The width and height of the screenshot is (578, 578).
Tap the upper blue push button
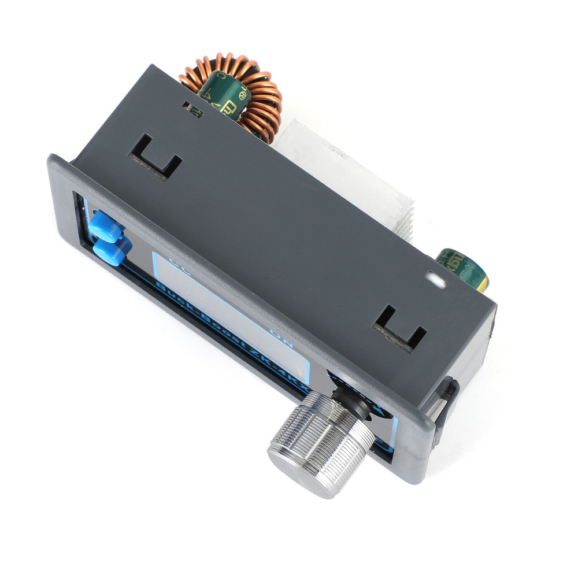point(106,226)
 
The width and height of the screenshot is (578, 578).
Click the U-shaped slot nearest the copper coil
point(155,157)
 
